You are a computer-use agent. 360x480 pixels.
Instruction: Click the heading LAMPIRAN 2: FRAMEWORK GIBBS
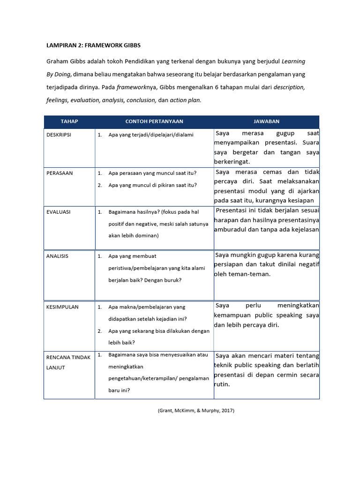[x=93, y=45]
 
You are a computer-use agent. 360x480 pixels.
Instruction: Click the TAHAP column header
[x=69, y=121]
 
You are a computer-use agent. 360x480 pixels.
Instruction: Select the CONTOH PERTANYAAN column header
[x=154, y=121]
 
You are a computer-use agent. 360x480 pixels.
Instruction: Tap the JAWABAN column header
[x=266, y=121]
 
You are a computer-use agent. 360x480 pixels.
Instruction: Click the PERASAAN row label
[x=60, y=173]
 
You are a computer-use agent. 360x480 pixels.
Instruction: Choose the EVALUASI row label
[x=59, y=212]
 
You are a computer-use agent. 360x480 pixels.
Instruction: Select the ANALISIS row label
[x=57, y=256]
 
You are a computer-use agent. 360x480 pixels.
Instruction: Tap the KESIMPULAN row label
[x=62, y=307]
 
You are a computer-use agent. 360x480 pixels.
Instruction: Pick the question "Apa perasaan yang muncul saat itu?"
[x=152, y=173]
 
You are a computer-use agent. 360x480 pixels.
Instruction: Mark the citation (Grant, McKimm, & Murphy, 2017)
[x=195, y=411]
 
